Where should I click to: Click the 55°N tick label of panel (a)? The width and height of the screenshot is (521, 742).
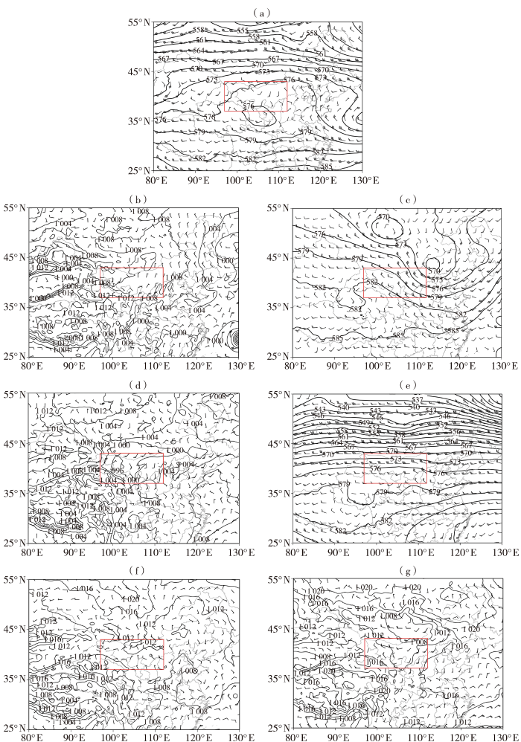coord(137,22)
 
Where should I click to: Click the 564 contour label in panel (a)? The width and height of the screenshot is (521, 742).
coord(198,51)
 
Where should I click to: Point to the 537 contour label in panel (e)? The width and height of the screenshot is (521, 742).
coord(417,400)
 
